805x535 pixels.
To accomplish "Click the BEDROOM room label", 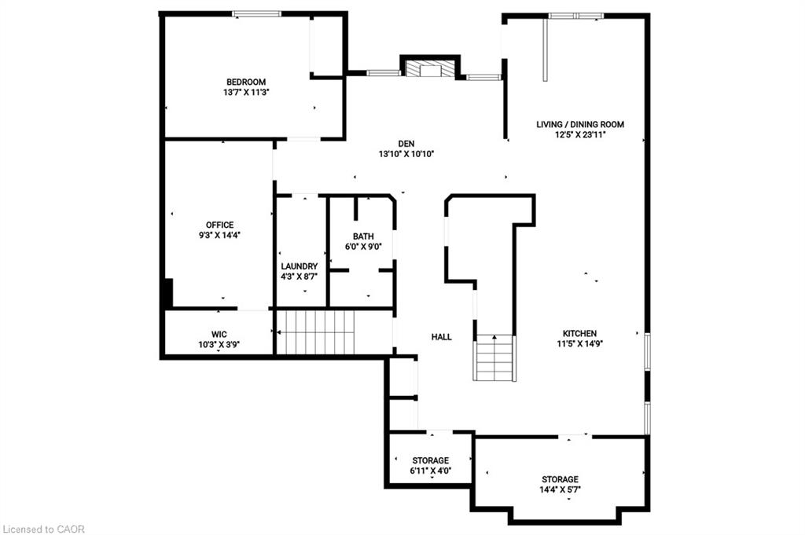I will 246,82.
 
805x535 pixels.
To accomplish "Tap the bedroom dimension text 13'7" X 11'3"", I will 246,92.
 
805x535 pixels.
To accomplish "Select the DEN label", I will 406,143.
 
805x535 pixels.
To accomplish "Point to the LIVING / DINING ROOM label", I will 580,124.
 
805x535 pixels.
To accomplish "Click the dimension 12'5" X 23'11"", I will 580,134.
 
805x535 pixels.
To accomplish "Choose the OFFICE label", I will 220,225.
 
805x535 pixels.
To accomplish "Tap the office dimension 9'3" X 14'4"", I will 220,235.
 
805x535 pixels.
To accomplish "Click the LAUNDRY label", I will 300,266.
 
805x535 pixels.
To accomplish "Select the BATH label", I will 363,236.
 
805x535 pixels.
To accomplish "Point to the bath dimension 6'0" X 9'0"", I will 363,246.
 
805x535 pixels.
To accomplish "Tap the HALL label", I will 442,337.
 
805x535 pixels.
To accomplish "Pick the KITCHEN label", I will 579,333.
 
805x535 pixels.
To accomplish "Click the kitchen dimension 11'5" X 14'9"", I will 579,343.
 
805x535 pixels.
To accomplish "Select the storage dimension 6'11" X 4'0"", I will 431,471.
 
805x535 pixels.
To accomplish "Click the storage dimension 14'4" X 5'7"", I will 560,489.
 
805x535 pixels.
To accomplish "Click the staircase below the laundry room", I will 317,332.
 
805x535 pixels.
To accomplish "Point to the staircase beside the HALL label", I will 495,358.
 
